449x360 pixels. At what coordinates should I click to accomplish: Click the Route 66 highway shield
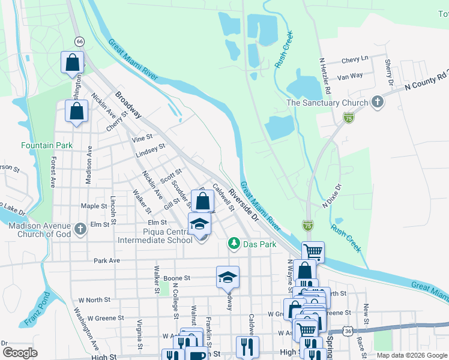(x=79, y=41)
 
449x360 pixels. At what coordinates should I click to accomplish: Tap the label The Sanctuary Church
(x=327, y=103)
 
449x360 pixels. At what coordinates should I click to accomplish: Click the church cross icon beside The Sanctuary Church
(x=378, y=101)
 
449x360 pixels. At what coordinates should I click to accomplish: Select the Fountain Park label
(x=47, y=145)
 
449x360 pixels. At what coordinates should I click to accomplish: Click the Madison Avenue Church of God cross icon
(x=81, y=229)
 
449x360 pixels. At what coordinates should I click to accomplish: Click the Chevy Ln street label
(x=354, y=59)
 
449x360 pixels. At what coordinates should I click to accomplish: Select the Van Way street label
(x=350, y=76)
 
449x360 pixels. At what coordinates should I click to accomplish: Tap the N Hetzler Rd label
(x=325, y=76)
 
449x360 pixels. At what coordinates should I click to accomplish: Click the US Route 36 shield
(x=348, y=331)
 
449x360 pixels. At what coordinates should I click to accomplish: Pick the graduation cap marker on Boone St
(x=228, y=277)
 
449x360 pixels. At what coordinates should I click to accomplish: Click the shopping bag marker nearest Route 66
(x=72, y=62)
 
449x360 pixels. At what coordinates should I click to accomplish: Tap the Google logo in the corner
(x=20, y=353)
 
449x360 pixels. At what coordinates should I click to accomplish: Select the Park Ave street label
(x=107, y=260)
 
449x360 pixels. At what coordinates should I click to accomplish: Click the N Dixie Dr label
(x=331, y=196)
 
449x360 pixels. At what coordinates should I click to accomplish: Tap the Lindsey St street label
(x=150, y=150)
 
